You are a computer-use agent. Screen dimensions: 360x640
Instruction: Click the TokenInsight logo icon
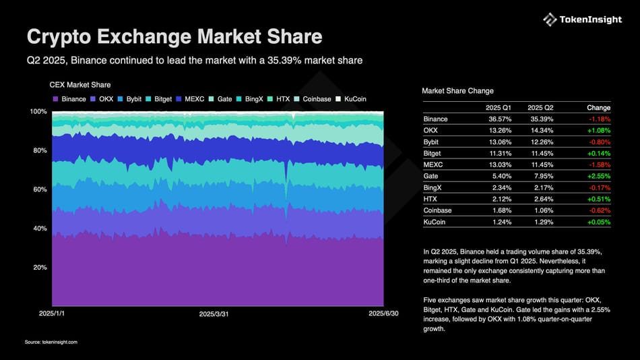(550, 20)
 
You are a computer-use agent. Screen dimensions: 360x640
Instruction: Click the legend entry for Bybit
(130, 99)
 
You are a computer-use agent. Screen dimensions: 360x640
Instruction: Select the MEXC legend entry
(190, 99)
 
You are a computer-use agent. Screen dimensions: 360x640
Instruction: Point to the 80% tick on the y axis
(40, 150)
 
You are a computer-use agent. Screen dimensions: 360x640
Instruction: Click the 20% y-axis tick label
(40, 268)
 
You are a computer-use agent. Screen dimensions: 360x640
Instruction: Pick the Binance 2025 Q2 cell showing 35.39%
(540, 119)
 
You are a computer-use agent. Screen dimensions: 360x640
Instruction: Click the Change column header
(598, 107)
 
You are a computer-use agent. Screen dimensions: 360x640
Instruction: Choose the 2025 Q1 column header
(499, 107)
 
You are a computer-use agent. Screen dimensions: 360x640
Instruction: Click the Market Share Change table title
(457, 91)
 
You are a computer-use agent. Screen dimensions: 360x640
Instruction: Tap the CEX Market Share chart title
(80, 85)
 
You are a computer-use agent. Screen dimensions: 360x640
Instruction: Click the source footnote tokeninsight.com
(51, 342)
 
